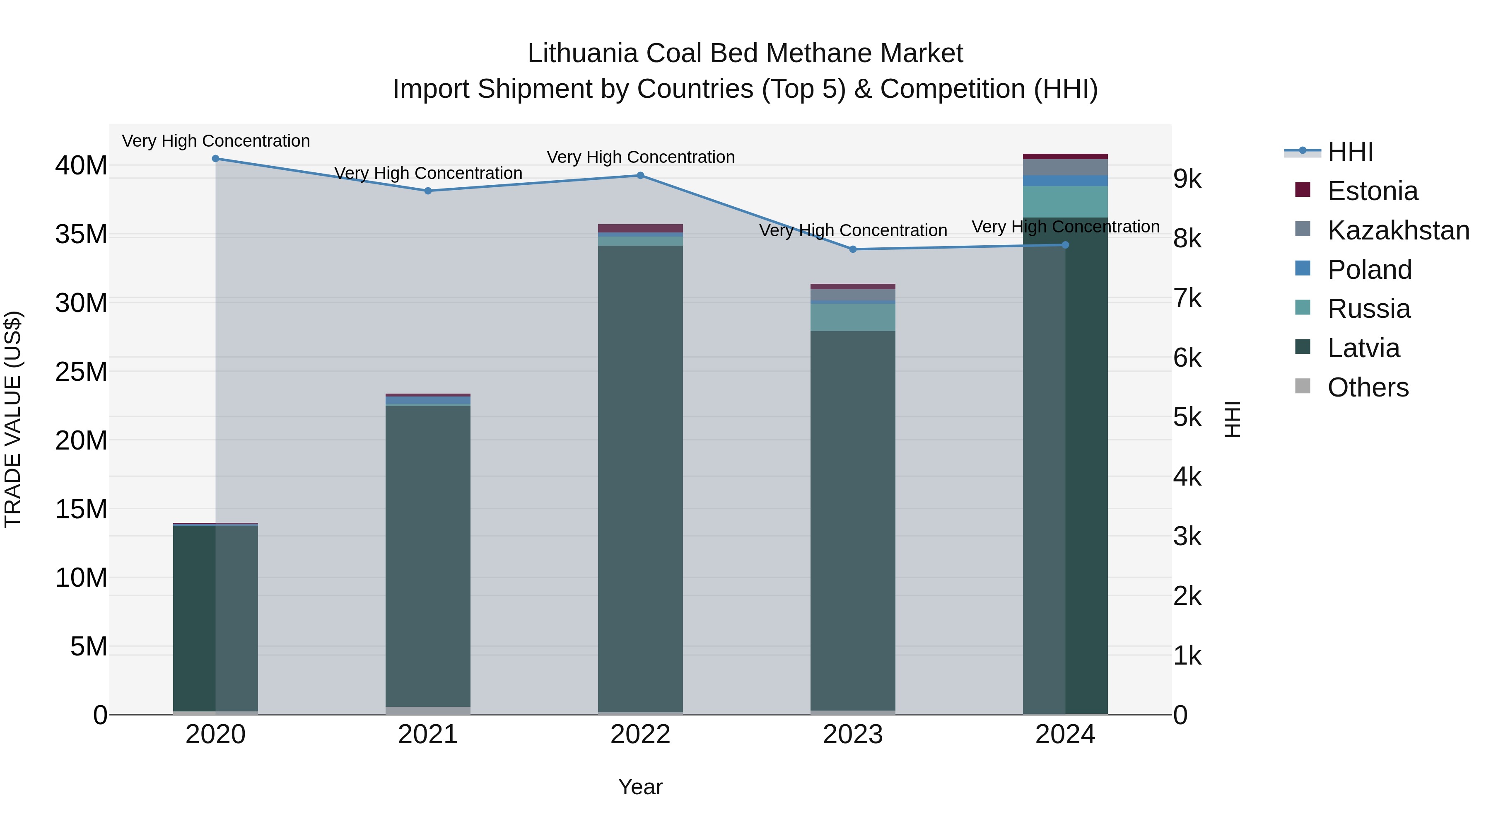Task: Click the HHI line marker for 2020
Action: point(215,159)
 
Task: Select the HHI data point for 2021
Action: point(428,191)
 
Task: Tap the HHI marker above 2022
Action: point(640,175)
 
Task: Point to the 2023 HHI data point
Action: point(853,249)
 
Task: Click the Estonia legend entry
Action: point(1372,191)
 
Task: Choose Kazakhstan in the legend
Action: point(1397,230)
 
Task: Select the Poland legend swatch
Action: point(1302,268)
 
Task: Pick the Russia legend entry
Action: point(1368,309)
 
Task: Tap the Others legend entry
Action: point(1367,387)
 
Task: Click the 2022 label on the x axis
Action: point(640,735)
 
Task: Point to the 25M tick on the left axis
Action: point(81,372)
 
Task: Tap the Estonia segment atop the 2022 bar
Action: point(640,228)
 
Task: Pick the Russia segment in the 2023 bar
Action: point(853,317)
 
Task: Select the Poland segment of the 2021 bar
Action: point(428,400)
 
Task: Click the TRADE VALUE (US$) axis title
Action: point(13,419)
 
